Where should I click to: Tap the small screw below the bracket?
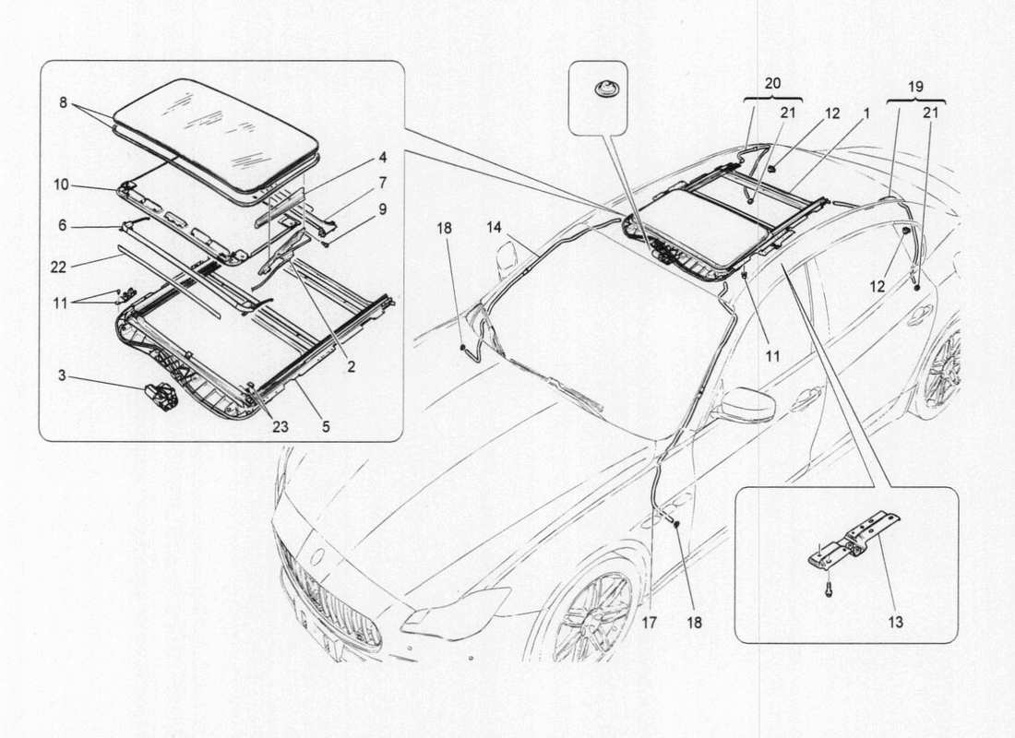pos(828,586)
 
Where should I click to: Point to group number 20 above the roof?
pos(772,82)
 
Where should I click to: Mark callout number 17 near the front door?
pos(650,623)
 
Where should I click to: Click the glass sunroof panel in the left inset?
pos(217,129)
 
